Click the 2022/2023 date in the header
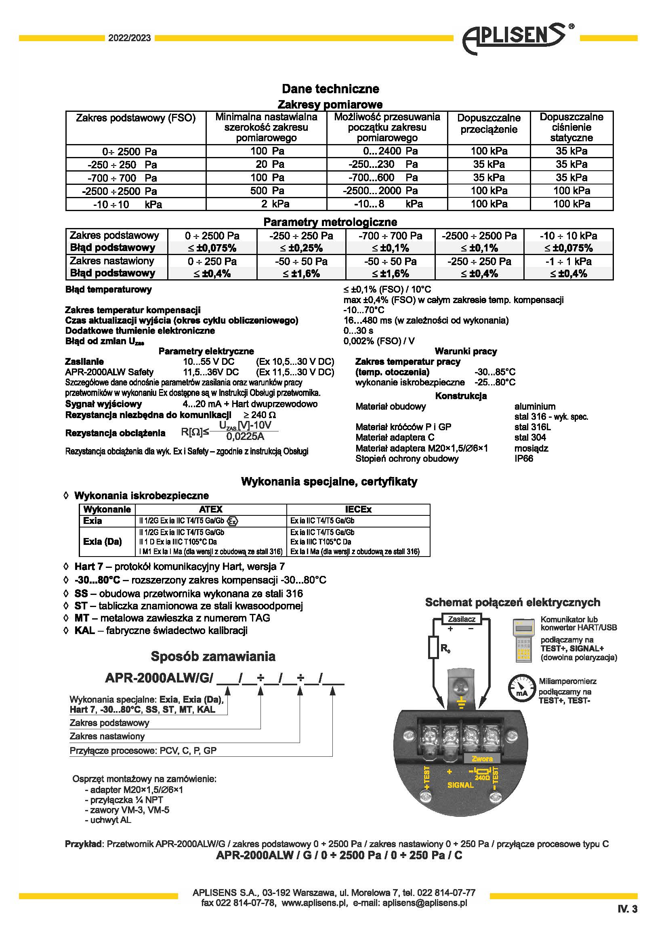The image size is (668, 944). (130, 38)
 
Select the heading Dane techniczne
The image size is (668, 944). (330, 88)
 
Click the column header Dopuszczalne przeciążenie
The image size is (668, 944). (489, 123)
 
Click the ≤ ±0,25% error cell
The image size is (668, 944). (301, 248)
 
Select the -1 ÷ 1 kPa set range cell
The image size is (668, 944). (569, 262)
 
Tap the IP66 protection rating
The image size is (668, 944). (524, 458)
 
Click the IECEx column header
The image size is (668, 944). (358, 509)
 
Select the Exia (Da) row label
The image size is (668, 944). (103, 542)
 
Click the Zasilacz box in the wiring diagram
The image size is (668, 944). (461, 619)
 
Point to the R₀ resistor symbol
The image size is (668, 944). (433, 647)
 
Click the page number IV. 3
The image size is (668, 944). (627, 909)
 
